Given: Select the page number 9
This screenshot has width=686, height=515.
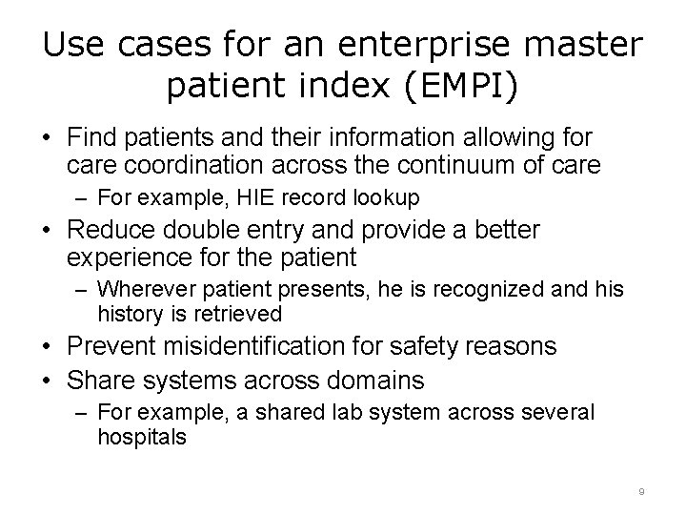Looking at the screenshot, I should click(x=642, y=490).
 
